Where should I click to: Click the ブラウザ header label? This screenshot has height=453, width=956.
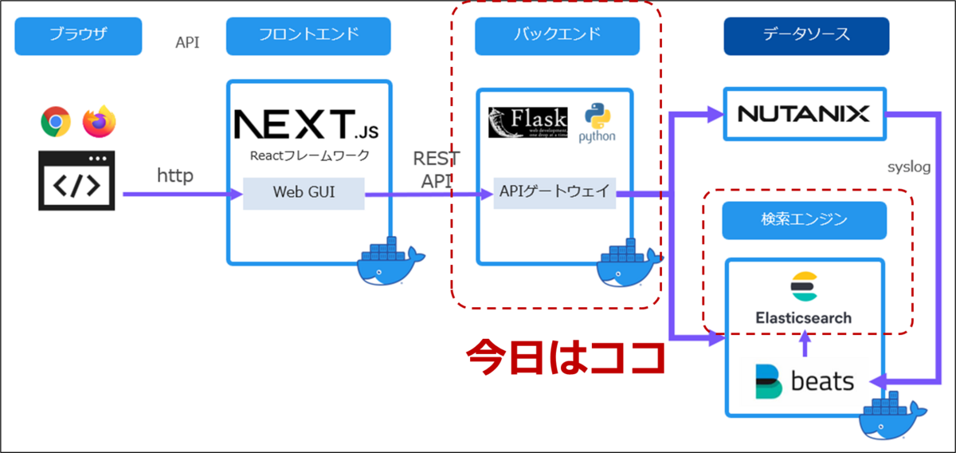77,35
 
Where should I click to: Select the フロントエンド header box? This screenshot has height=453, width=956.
308,35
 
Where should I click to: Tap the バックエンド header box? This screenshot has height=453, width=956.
557,35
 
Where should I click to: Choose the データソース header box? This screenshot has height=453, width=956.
805,35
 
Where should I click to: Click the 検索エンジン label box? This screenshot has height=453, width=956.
805,220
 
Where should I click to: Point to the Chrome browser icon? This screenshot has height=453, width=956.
56,122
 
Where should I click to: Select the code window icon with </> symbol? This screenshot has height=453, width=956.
76,181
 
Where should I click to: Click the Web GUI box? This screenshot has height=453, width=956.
304,194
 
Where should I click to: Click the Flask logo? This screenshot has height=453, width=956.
528,122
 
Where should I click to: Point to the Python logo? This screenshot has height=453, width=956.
597,122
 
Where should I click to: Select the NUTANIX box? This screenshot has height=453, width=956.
804,114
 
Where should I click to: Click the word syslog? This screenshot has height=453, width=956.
909,167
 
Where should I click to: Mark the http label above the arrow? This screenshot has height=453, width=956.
174,175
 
